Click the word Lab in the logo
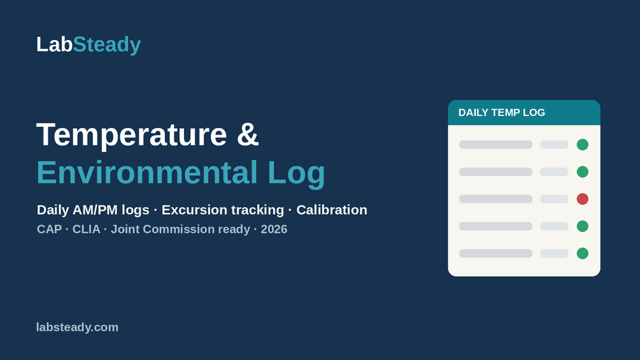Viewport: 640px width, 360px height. [x=54, y=44]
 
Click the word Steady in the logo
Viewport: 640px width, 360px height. [x=107, y=45]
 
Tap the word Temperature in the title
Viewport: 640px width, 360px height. [x=131, y=135]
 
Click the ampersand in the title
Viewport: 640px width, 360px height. [x=248, y=134]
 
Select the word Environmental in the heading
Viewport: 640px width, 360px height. [x=147, y=172]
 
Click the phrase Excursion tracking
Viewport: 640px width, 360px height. [x=223, y=210]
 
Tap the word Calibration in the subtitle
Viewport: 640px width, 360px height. [x=332, y=210]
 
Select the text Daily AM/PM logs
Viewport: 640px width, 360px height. [x=93, y=210]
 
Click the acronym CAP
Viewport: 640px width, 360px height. [x=50, y=229]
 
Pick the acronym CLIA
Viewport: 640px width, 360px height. [x=86, y=229]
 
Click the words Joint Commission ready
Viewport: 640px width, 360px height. [x=180, y=229]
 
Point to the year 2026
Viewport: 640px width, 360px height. [x=274, y=229]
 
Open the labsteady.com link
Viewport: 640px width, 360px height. [x=77, y=328]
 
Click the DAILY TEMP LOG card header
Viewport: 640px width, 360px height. [x=524, y=113]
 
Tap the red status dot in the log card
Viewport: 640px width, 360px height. [x=583, y=199]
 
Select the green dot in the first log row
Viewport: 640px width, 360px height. [x=583, y=145]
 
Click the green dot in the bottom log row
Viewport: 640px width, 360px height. [x=583, y=254]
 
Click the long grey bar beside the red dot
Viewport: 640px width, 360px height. [x=495, y=199]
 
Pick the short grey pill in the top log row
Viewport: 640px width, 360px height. [x=554, y=145]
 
